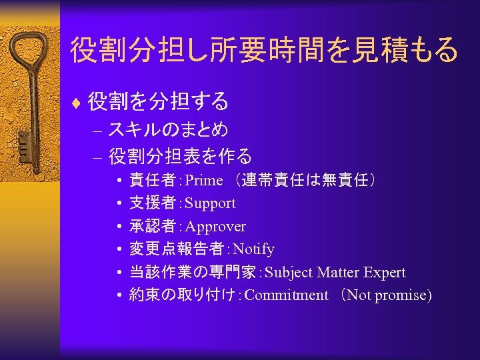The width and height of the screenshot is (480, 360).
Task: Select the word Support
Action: pos(210,203)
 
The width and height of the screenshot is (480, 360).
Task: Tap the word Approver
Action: pos(215,227)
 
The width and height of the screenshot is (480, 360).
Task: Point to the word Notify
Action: pos(253,249)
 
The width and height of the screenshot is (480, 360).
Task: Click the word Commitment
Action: pos(287,295)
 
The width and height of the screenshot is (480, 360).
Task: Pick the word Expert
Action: pos(385,273)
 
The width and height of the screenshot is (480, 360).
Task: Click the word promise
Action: pos(401,295)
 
